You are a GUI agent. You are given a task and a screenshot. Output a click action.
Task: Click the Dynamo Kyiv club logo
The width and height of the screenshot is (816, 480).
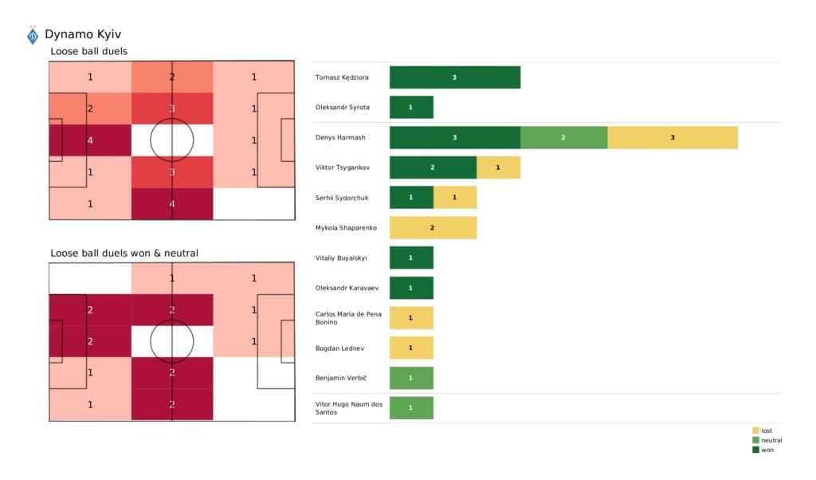[33, 36]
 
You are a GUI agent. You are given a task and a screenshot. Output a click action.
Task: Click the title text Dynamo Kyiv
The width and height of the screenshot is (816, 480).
[83, 34]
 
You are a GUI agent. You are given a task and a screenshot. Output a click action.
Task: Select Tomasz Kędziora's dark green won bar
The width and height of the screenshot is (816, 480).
[454, 77]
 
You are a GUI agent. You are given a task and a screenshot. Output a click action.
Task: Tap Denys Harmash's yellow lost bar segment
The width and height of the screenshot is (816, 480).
[672, 137]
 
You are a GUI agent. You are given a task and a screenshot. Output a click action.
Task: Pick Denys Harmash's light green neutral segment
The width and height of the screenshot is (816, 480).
[563, 137]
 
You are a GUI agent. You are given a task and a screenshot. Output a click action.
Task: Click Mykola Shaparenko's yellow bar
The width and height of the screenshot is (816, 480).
[433, 228]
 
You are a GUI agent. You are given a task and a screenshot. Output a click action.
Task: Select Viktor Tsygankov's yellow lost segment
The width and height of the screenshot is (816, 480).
[498, 167]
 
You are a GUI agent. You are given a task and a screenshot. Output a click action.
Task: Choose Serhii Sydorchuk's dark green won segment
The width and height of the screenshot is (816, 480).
[411, 198]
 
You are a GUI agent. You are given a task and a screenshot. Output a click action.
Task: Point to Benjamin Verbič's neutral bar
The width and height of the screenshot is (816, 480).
[411, 378]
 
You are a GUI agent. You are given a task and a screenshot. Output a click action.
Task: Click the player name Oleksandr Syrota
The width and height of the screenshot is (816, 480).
[343, 107]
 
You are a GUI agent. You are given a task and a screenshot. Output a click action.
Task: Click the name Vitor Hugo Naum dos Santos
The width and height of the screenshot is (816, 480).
[349, 408]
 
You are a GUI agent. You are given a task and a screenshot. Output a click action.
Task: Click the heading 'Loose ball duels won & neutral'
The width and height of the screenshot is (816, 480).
[124, 253]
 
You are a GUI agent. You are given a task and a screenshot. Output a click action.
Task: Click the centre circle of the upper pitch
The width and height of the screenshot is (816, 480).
[171, 140]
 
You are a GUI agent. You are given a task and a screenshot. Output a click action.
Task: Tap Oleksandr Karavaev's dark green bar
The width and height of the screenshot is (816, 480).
[411, 288]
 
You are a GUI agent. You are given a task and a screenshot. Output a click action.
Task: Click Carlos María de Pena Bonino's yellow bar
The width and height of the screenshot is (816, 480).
[411, 318]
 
